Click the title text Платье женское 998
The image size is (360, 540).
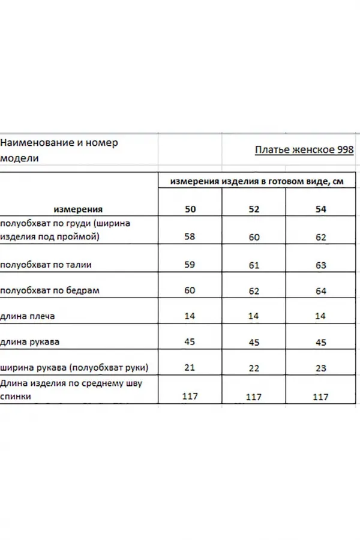point(304,150)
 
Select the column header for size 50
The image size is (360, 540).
point(190,209)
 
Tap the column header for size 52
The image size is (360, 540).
point(254,209)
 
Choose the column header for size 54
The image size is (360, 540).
point(321,209)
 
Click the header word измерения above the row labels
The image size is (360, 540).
point(78,209)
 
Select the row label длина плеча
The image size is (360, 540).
point(32,316)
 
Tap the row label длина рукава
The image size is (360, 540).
point(35,342)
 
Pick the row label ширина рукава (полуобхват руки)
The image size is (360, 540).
point(74,368)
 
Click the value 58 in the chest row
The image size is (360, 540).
point(190,236)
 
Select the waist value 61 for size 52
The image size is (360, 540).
point(254,265)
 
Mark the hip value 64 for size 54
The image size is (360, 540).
point(321,291)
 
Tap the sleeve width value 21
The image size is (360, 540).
point(190,368)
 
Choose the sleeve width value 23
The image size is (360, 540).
point(321,368)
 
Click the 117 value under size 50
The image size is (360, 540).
point(190,396)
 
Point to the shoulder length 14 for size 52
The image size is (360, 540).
point(254,317)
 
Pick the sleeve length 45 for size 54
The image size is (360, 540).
point(321,343)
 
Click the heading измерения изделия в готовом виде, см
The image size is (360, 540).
point(256,182)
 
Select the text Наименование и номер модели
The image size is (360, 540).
point(59,150)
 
